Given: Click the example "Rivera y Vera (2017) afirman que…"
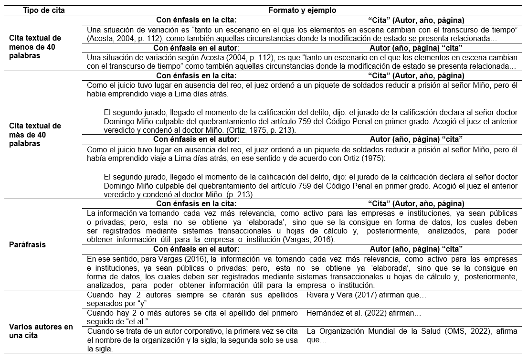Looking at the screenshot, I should click(x=367, y=295).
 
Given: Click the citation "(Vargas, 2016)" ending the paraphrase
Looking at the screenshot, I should click(x=310, y=240).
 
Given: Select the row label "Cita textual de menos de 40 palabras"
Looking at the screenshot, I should click(x=35, y=47).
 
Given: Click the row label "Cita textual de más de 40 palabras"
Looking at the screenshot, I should click(x=35, y=135).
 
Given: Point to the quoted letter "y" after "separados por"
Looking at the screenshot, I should click(x=141, y=304).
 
